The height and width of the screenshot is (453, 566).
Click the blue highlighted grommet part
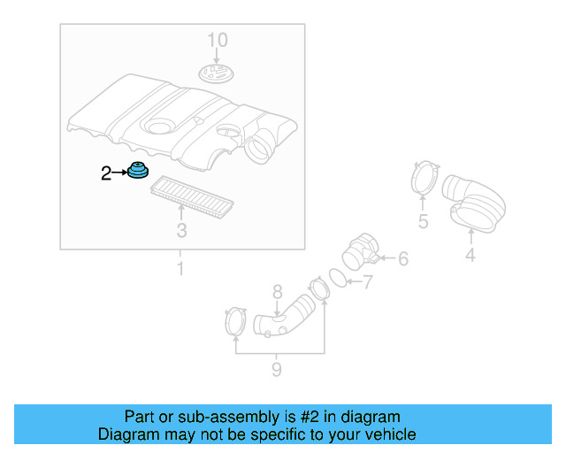[138, 171]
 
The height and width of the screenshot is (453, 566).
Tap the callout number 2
[106, 174]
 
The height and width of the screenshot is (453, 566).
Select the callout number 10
[217, 40]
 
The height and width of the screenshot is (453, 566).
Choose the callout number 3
[181, 232]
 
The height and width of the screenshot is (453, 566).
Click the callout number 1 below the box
[181, 268]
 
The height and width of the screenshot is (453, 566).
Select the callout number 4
[470, 256]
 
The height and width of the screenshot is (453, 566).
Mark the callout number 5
[423, 221]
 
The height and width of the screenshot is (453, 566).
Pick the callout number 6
[402, 259]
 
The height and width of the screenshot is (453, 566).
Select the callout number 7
[367, 283]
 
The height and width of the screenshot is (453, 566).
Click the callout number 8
[277, 291]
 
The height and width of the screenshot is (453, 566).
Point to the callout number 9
[276, 369]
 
